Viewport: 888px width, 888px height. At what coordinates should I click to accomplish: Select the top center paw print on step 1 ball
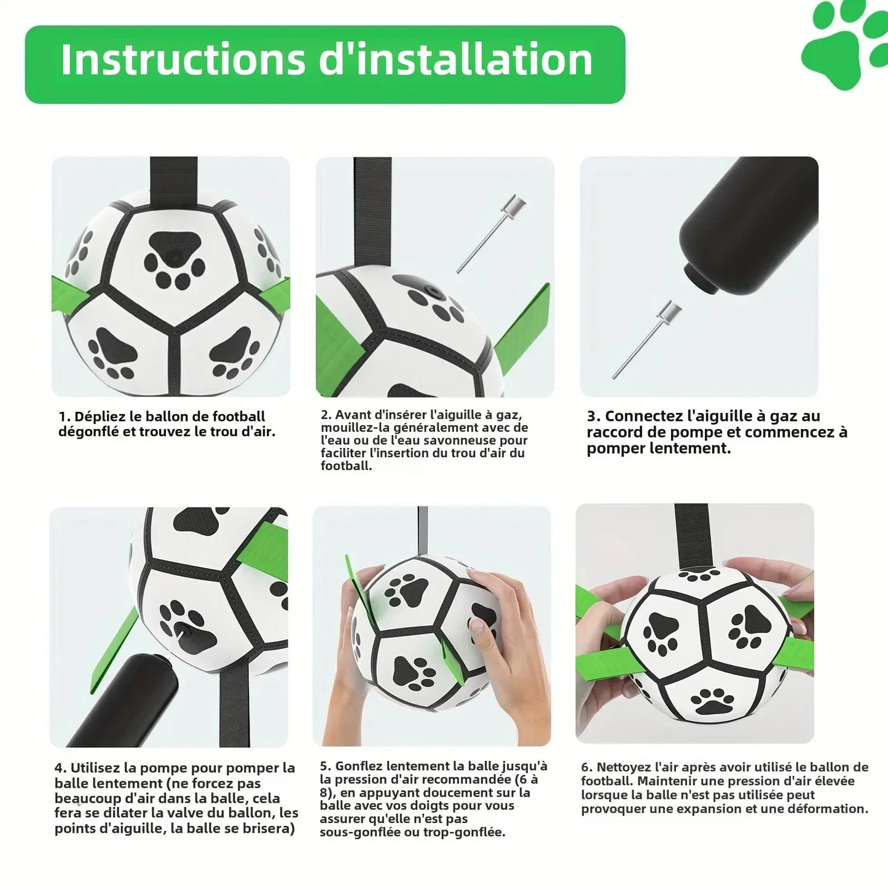173,257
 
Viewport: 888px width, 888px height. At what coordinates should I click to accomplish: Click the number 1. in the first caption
65,417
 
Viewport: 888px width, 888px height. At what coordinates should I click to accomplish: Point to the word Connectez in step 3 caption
643,417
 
